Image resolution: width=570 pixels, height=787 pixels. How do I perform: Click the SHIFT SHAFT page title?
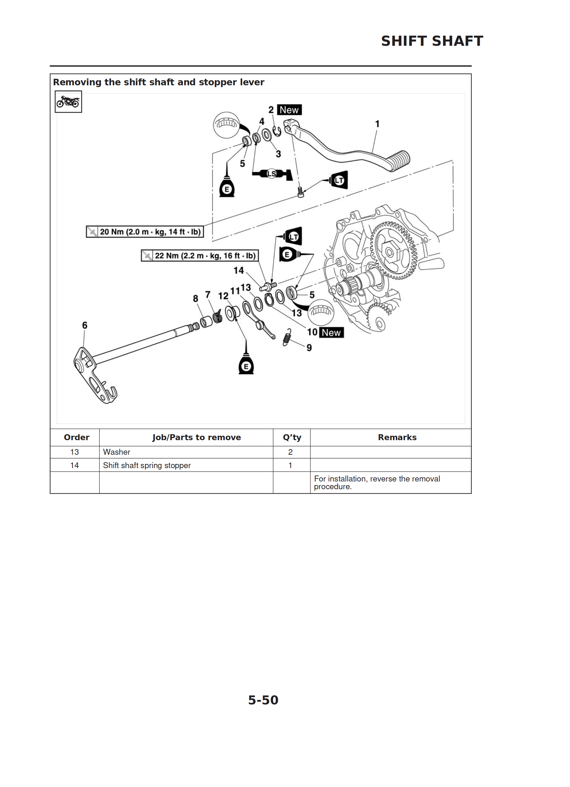pyautogui.click(x=432, y=41)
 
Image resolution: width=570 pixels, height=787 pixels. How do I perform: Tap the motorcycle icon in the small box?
pyautogui.click(x=68, y=102)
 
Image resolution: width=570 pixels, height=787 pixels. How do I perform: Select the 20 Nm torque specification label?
pyautogui.click(x=145, y=232)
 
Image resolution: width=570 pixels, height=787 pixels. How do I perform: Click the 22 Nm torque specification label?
pyautogui.click(x=200, y=256)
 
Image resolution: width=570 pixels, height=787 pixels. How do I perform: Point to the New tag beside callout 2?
pyautogui.click(x=289, y=110)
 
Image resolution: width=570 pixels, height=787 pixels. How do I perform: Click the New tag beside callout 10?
pyautogui.click(x=331, y=333)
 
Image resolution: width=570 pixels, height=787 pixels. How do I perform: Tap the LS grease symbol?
pyautogui.click(x=272, y=174)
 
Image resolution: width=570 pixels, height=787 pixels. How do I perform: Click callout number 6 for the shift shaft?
pyautogui.click(x=85, y=325)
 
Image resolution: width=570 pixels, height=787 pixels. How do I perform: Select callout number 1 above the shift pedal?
pyautogui.click(x=377, y=124)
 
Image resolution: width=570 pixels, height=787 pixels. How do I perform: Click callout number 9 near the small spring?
pyautogui.click(x=309, y=348)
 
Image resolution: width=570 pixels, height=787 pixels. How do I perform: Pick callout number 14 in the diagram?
pyautogui.click(x=239, y=270)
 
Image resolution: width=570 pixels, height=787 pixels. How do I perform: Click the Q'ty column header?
pyautogui.click(x=292, y=437)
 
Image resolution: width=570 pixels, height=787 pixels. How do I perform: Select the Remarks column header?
pyautogui.click(x=397, y=437)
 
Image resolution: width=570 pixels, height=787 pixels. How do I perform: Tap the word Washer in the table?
pyautogui.click(x=116, y=452)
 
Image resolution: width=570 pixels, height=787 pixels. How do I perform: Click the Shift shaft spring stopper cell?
pyautogui.click(x=147, y=465)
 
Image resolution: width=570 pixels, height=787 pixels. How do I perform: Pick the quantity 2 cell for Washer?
pyautogui.click(x=290, y=452)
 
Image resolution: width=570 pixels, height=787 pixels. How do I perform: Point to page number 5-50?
pyautogui.click(x=263, y=700)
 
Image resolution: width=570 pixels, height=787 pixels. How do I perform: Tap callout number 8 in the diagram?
pyautogui.click(x=196, y=298)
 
